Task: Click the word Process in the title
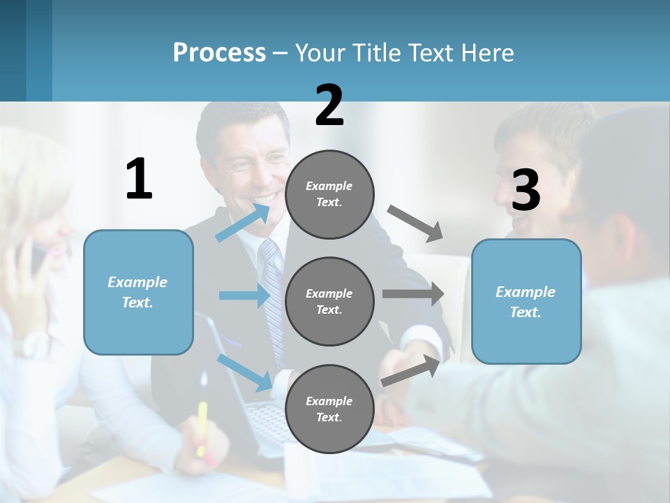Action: click(x=219, y=53)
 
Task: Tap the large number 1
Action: click(x=139, y=179)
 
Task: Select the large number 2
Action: click(x=329, y=105)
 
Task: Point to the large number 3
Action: click(x=526, y=190)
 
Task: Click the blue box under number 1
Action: click(x=138, y=292)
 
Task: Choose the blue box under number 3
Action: click(x=526, y=301)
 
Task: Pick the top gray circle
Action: click(x=329, y=194)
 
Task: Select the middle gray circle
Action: click(x=329, y=301)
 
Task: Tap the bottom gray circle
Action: click(x=329, y=409)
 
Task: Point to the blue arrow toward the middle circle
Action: click(x=244, y=296)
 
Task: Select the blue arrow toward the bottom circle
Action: click(x=245, y=371)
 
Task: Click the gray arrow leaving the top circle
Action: click(x=415, y=223)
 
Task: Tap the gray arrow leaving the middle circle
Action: click(x=413, y=295)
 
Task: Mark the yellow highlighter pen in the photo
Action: click(x=202, y=428)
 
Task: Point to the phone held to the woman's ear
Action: click(x=36, y=256)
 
